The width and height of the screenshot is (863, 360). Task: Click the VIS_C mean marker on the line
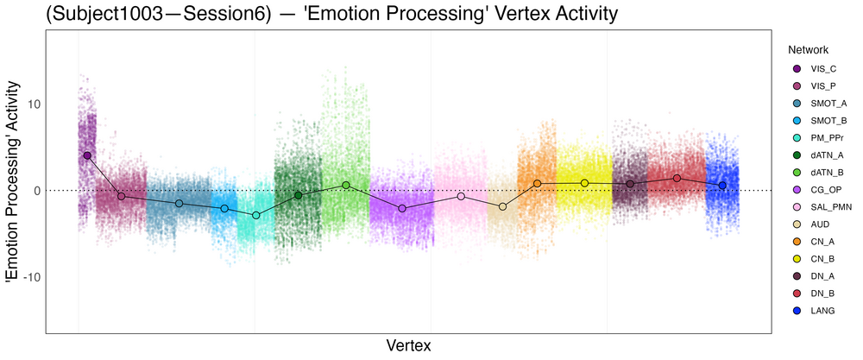(87, 155)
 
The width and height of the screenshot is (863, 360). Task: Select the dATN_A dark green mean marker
(299, 195)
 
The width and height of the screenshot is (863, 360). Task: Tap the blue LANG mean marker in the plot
(722, 186)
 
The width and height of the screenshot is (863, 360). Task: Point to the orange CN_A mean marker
(537, 183)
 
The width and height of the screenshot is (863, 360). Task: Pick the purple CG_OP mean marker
(402, 208)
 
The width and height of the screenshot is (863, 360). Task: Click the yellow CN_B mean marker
(584, 183)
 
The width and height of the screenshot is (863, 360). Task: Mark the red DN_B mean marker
(677, 178)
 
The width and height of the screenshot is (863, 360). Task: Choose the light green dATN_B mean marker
(346, 185)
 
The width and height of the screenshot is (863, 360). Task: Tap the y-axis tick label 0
(34, 190)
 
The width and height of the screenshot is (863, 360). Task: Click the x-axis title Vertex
(407, 345)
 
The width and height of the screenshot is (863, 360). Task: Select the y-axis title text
(12, 182)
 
